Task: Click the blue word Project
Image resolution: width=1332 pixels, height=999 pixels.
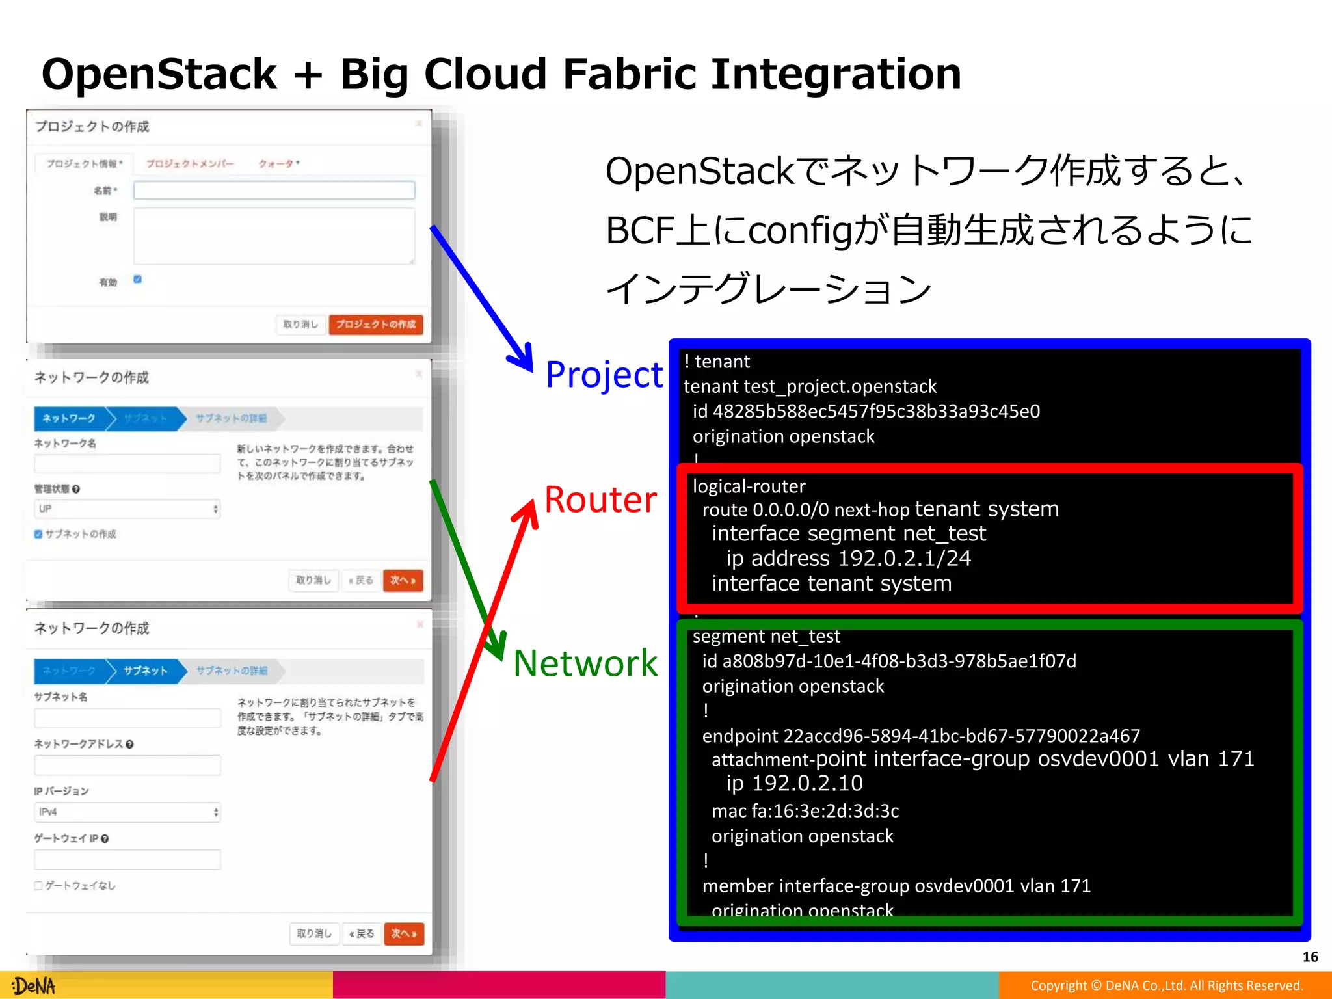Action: (604, 375)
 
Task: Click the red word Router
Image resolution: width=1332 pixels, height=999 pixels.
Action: (600, 500)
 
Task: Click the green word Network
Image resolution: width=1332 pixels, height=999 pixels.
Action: (585, 663)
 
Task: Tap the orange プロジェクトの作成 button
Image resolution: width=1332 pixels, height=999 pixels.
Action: (376, 324)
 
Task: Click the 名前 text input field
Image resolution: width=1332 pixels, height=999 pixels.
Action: (274, 190)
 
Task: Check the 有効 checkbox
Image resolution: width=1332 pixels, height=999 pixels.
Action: (137, 280)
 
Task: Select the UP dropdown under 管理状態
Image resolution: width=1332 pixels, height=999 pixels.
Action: (127, 509)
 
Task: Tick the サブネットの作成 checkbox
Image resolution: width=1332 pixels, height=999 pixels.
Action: (38, 534)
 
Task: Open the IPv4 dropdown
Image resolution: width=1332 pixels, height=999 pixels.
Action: (127, 812)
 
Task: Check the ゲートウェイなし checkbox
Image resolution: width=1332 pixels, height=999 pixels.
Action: (38, 885)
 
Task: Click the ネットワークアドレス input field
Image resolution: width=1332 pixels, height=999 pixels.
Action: (127, 765)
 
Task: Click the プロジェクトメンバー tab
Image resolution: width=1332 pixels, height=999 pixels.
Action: (189, 163)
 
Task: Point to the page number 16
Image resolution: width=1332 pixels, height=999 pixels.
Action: (1310, 957)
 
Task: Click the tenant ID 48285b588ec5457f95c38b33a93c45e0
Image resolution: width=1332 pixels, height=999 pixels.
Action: (876, 412)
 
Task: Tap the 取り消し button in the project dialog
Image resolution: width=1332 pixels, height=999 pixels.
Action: (300, 324)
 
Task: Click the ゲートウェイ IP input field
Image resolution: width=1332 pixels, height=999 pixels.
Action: (127, 859)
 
